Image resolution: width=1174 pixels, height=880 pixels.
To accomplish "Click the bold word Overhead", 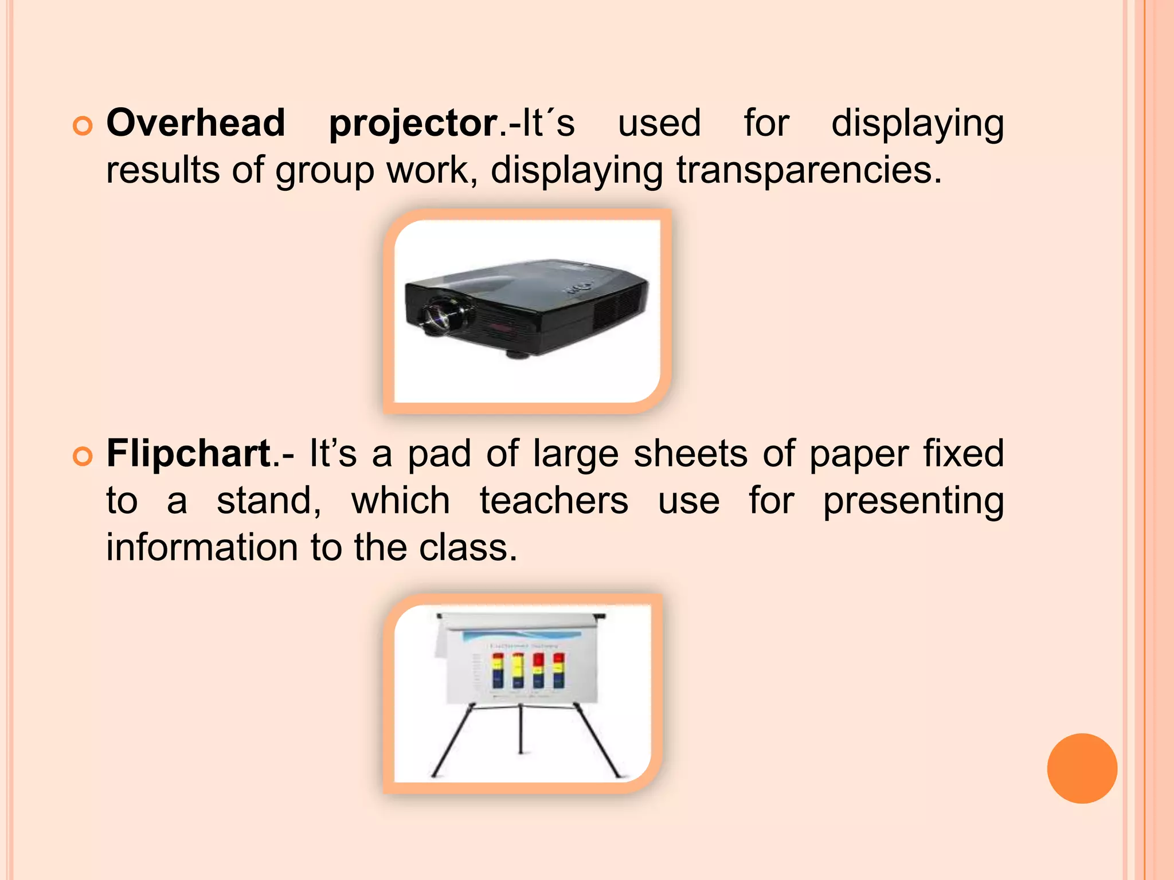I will point(195,123).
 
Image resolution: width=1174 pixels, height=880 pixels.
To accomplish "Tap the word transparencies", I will point(809,171).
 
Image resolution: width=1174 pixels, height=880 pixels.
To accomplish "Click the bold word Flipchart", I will point(189,454).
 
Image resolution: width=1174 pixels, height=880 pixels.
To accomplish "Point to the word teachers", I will point(554,501).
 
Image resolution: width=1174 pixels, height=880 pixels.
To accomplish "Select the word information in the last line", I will point(201,548).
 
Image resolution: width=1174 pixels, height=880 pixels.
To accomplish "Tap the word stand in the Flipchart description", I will point(268,501).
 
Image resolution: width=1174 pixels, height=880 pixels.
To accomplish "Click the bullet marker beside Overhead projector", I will point(83,126).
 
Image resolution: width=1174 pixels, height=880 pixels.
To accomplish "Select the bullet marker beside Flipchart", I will point(83,457).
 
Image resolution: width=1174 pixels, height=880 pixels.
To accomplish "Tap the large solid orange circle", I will point(1082,768).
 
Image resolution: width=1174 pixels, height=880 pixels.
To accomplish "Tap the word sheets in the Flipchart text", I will point(690,454).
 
